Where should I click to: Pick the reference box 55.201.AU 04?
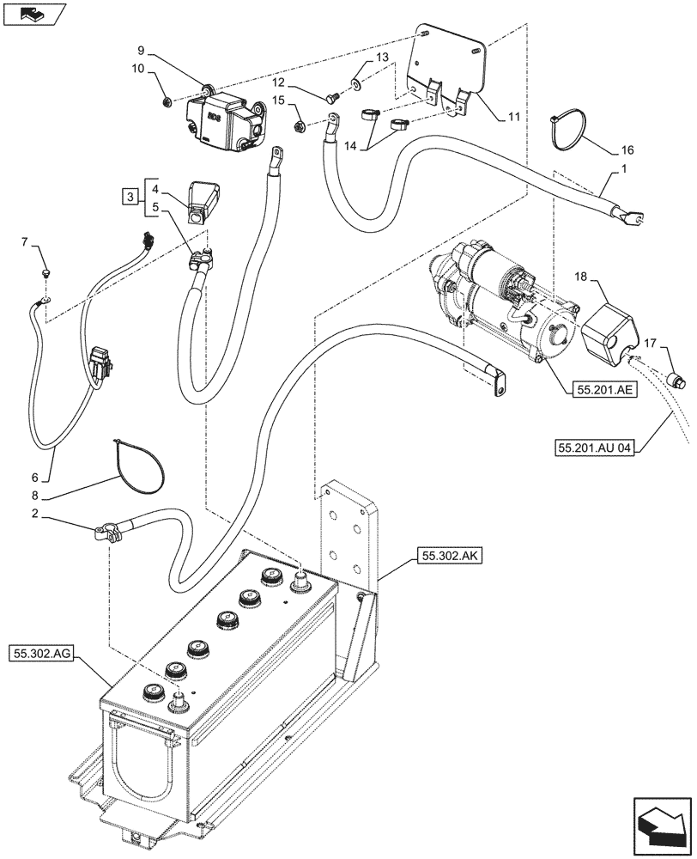(595, 448)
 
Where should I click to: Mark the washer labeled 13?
(355, 86)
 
